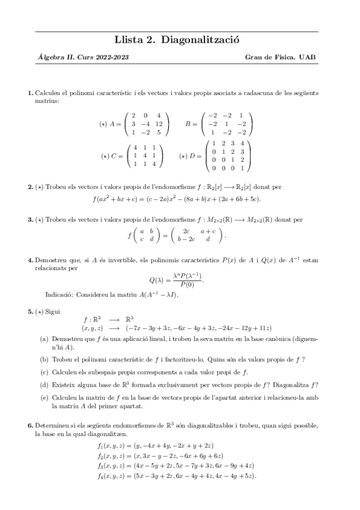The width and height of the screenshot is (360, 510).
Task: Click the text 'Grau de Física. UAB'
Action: (280, 58)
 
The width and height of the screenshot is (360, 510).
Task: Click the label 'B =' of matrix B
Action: (192, 124)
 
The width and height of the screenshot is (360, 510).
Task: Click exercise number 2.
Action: (30, 188)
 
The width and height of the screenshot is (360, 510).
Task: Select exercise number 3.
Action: (30, 220)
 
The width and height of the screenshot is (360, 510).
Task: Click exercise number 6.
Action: (30, 425)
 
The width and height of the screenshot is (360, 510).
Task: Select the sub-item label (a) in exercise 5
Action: (44, 339)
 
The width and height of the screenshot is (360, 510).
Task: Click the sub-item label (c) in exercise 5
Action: (44, 372)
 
